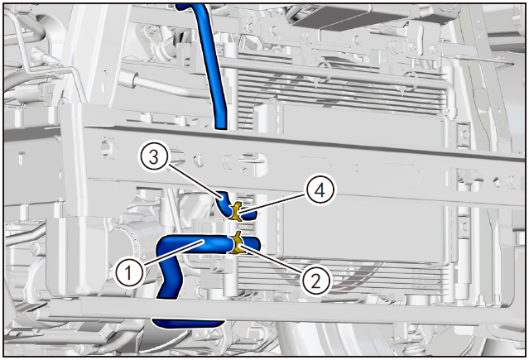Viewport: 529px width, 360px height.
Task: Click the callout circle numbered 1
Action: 128,272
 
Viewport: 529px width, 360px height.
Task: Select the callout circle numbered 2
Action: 315,281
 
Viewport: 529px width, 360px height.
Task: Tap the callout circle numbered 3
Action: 153,157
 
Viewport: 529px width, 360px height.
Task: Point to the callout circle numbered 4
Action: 320,190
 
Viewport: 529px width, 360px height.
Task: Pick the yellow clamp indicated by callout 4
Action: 237,211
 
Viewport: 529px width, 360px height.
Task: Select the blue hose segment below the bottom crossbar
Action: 188,324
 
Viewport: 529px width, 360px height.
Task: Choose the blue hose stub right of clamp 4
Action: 249,214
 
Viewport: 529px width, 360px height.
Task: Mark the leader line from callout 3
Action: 194,181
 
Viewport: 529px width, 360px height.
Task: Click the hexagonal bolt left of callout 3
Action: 108,146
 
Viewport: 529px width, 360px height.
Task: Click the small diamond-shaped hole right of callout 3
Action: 199,160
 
